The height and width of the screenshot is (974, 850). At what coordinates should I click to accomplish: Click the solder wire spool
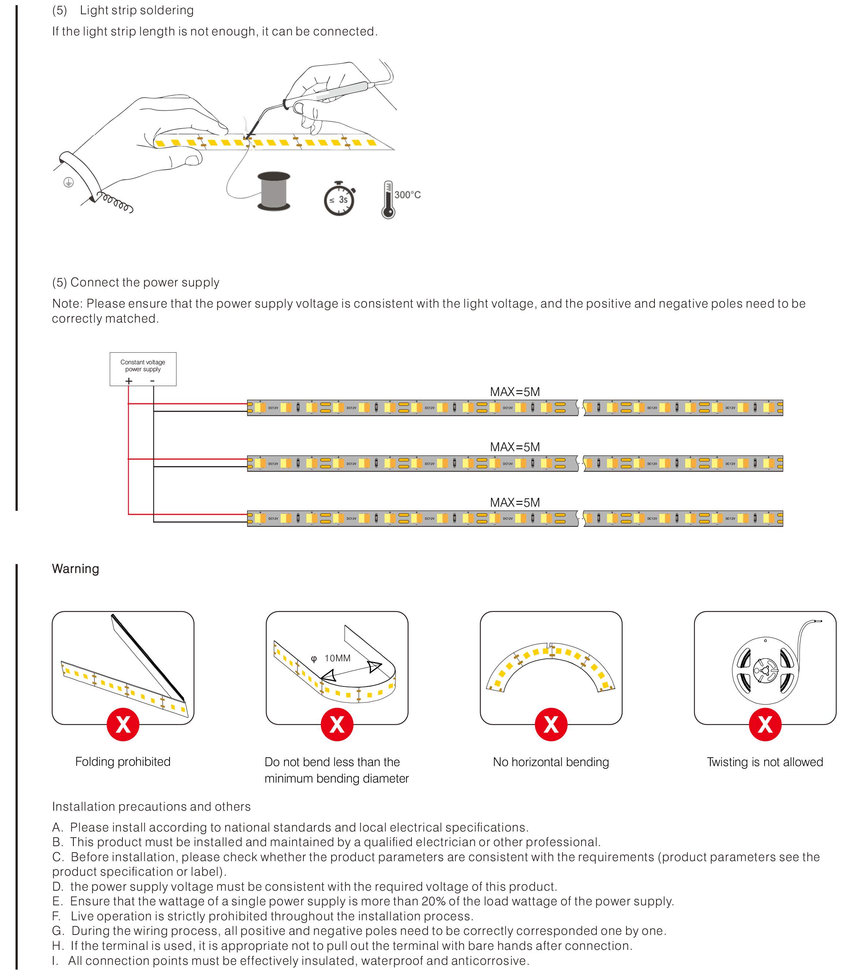(274, 191)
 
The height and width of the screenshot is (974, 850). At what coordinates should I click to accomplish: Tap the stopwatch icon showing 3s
(339, 199)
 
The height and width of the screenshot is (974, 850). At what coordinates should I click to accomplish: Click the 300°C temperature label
(407, 195)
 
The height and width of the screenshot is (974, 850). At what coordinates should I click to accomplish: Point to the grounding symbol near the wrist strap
(69, 182)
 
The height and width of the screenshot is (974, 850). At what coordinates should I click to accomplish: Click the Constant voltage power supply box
(143, 369)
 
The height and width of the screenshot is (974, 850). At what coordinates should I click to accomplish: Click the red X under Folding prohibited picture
(123, 724)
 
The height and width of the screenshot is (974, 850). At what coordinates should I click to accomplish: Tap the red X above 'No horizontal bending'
(551, 724)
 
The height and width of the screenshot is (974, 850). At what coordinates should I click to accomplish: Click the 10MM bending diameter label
(337, 658)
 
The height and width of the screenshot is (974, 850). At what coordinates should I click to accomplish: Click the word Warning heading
(75, 568)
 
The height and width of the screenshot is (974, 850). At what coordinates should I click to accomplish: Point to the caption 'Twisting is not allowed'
(764, 762)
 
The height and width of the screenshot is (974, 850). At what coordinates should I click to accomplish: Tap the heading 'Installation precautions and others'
(151, 806)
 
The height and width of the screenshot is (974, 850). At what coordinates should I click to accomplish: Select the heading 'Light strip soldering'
(137, 10)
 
